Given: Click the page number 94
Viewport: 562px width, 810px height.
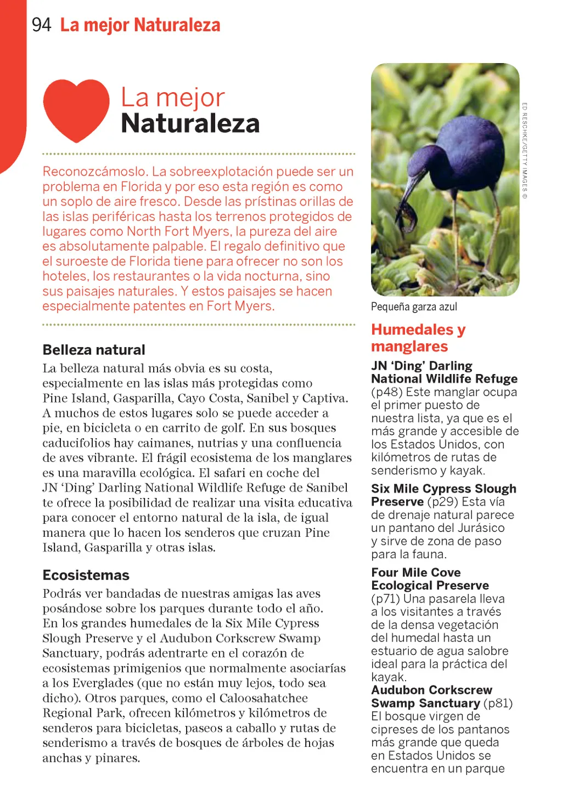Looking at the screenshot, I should tap(41, 25).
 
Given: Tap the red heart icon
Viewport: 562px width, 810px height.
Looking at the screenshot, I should tap(76, 110).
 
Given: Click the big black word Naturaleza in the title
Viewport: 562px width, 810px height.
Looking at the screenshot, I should tap(190, 123).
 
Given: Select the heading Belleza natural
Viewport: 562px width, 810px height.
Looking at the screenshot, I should tap(94, 350).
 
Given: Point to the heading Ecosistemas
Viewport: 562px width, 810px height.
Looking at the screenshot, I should tap(86, 575).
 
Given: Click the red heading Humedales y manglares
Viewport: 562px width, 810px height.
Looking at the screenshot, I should tap(418, 338).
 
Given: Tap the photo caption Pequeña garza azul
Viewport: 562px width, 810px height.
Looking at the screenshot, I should tap(414, 307).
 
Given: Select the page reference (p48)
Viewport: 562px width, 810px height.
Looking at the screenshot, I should tap(387, 392).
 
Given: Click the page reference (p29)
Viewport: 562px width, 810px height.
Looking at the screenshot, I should tap(442, 502).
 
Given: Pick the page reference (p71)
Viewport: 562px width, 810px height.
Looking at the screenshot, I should tap(386, 599).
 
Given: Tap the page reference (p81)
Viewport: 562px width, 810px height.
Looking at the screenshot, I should tap(498, 703).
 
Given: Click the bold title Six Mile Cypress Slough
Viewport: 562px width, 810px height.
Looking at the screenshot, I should tap(443, 489).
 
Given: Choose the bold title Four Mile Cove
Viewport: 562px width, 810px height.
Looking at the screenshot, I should tap(415, 573).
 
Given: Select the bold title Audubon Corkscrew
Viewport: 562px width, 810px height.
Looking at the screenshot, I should tap(431, 690).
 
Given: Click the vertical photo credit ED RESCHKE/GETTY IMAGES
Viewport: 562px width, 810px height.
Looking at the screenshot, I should tap(525, 151).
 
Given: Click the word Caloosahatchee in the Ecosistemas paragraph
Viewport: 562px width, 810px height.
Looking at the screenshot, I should tap(263, 698).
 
